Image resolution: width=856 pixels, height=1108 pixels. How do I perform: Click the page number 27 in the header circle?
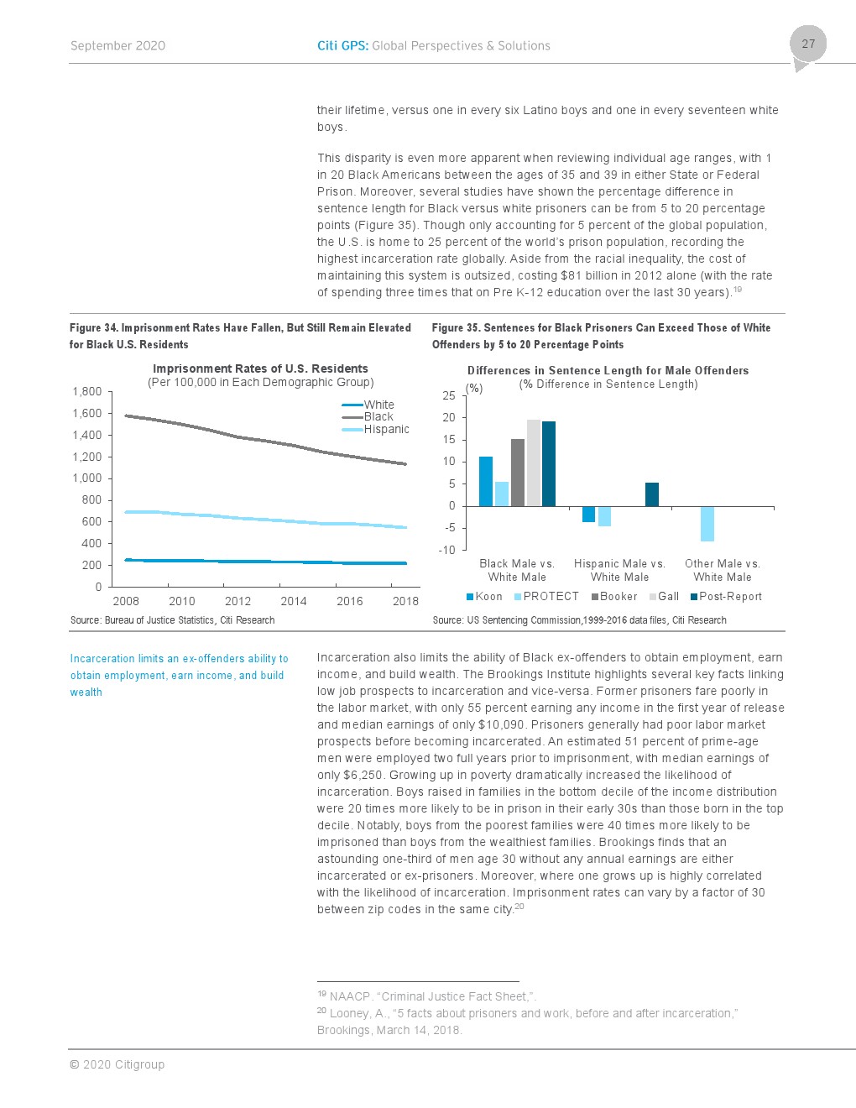click(x=808, y=44)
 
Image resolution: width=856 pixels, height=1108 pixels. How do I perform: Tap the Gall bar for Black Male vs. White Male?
click(x=534, y=463)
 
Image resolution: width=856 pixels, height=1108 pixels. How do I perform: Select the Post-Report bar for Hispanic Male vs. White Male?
click(x=652, y=494)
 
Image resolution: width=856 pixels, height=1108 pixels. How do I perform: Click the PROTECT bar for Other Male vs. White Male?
click(x=707, y=524)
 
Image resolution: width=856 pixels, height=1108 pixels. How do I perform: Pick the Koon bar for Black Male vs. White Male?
click(x=486, y=481)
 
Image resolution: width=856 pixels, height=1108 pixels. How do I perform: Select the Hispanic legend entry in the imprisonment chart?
click(x=386, y=429)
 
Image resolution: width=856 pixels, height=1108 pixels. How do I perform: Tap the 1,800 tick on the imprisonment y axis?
click(x=86, y=391)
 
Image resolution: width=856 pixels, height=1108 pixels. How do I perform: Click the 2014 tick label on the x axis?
click(x=294, y=601)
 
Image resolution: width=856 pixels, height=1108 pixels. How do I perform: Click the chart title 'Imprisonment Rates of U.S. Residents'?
click(x=260, y=368)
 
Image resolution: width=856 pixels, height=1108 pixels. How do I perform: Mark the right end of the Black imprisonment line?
click(x=405, y=463)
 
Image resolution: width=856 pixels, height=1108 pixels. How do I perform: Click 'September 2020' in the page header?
click(x=117, y=46)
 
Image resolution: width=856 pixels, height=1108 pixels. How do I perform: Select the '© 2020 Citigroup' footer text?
click(x=117, y=1064)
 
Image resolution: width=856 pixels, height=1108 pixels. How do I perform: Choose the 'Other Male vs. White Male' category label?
click(x=722, y=570)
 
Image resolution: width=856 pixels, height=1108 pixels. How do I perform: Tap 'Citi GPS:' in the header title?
click(x=342, y=46)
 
